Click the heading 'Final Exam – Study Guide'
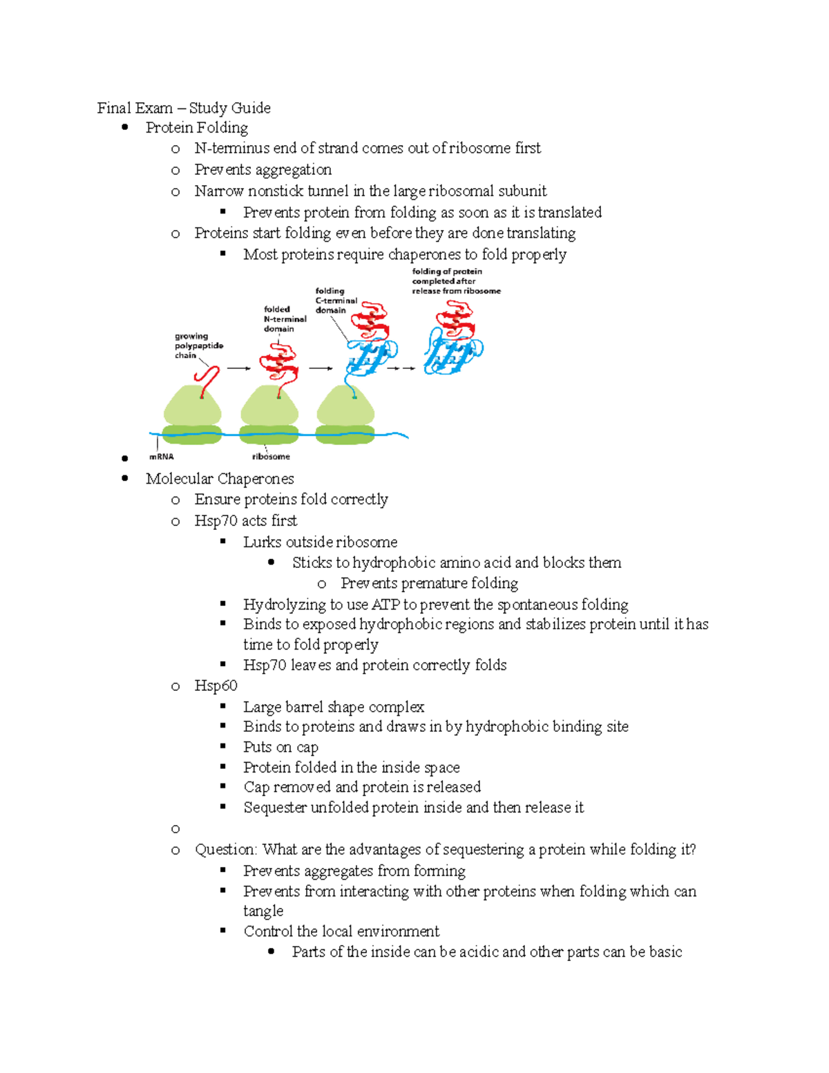[184, 108]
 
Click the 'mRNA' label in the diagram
[162, 457]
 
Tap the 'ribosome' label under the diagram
[271, 457]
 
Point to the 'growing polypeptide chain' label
[198, 345]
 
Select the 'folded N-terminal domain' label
[285, 319]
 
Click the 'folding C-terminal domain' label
[336, 301]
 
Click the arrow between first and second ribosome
[238, 368]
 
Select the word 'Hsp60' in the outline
[216, 685]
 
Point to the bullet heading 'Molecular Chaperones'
[220, 479]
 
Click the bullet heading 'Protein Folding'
[197, 128]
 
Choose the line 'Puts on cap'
[280, 747]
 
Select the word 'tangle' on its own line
[263, 911]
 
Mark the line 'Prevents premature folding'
[429, 583]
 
